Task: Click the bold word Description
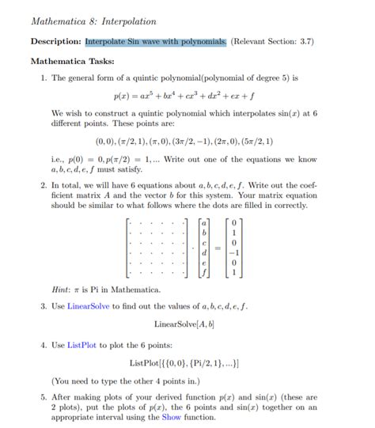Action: [x=55, y=41]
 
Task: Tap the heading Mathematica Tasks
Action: [x=72, y=61]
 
